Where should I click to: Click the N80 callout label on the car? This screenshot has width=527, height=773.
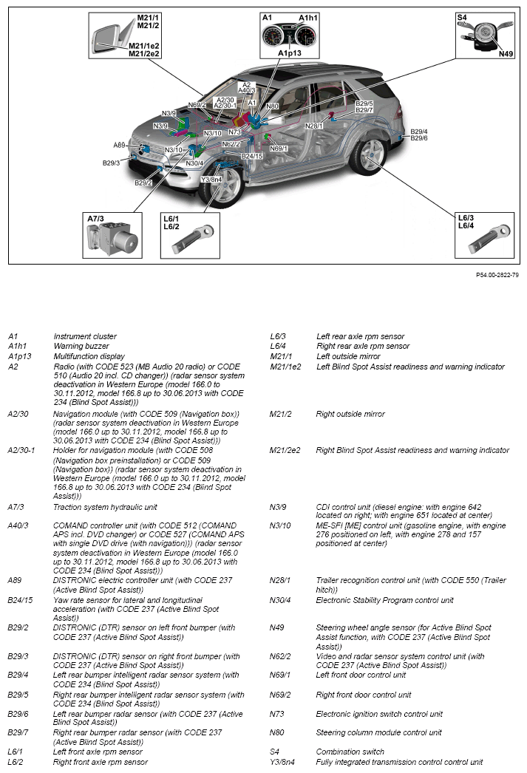pyautogui.click(x=272, y=106)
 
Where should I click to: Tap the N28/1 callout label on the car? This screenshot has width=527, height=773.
pyautogui.click(x=314, y=126)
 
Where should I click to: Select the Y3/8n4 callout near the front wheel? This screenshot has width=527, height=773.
pyautogui.click(x=211, y=179)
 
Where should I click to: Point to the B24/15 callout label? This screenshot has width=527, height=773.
pyautogui.click(x=252, y=156)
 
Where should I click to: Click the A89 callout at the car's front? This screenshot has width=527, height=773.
pyautogui.click(x=120, y=146)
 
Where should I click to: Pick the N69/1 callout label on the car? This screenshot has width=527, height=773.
pyautogui.click(x=279, y=149)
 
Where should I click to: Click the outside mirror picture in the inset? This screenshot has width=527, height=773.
pyautogui.click(x=110, y=36)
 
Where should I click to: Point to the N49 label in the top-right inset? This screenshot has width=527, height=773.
pyautogui.click(x=506, y=53)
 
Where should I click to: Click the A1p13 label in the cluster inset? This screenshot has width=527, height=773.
pyautogui.click(x=290, y=53)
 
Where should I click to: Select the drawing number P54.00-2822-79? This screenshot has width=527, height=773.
pyautogui.click(x=497, y=274)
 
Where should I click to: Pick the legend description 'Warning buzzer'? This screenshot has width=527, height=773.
pyautogui.click(x=81, y=346)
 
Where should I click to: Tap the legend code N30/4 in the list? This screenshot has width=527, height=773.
pyautogui.click(x=280, y=600)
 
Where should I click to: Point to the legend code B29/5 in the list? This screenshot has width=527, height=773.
pyautogui.click(x=19, y=695)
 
